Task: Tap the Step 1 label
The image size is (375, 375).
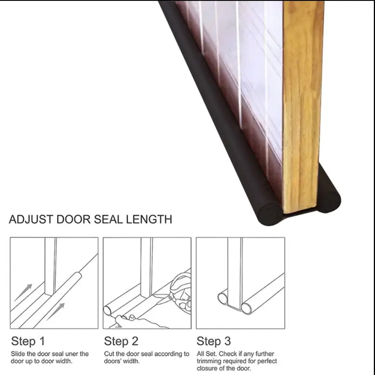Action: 28,341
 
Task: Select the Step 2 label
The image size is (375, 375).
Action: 121,341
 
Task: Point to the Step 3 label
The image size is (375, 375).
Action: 214,341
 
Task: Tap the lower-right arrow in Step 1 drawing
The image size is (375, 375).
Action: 56,311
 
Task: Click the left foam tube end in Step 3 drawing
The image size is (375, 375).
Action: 222,298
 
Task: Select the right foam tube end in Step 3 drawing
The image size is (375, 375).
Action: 246,308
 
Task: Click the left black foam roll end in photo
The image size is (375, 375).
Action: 268,214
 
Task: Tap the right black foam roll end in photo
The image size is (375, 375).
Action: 330,198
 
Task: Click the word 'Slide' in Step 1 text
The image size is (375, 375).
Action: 18,354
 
